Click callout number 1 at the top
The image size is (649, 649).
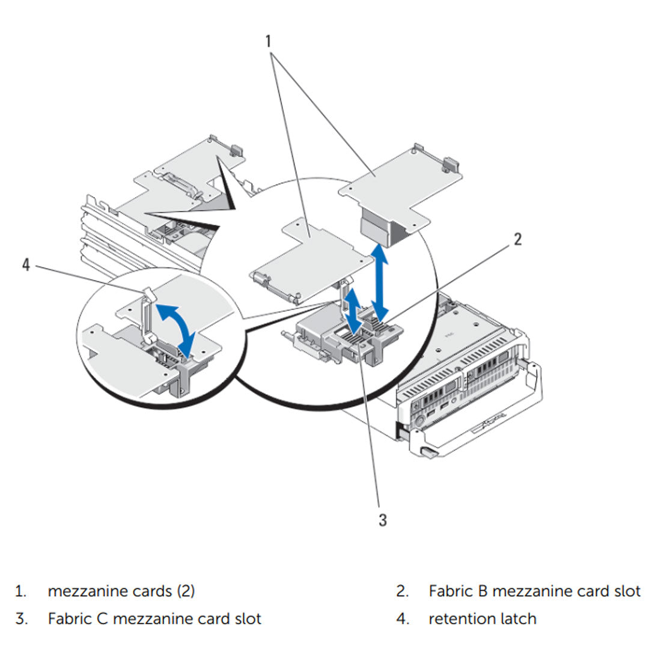coord(268,41)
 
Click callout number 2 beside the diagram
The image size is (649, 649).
coord(517,239)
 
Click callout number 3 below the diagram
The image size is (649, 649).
coord(383,520)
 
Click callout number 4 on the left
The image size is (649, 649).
coord(26,264)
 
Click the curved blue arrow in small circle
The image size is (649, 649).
coord(176,324)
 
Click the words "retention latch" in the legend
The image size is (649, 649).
coord(482,618)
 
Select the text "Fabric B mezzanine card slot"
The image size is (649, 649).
coord(534,591)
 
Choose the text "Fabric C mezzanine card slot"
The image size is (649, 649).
coord(154,618)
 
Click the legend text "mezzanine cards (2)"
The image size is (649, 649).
coord(121,591)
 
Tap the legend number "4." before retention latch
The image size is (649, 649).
coord(403,618)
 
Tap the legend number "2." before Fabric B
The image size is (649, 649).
coord(403,591)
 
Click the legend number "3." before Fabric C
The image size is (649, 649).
coord(22,618)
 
